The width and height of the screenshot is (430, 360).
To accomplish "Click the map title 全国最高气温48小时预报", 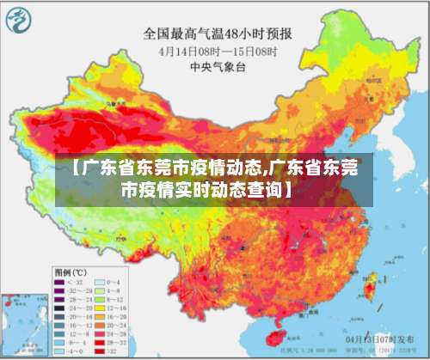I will click(x=216, y=34).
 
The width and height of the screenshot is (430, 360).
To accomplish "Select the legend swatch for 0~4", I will click(x=100, y=282).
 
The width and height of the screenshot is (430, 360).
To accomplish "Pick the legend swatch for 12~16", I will click(x=100, y=307).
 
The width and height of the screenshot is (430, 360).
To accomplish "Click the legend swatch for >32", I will click(x=100, y=351).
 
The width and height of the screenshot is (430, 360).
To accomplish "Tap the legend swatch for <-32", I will click(x=60, y=282).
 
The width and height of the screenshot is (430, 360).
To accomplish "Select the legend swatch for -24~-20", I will click(x=60, y=307).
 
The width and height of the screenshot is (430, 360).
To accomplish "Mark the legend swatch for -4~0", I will click(x=60, y=351).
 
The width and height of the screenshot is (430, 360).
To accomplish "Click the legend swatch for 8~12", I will click(x=100, y=298).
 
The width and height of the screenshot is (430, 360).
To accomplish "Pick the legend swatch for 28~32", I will click(x=100, y=343).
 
